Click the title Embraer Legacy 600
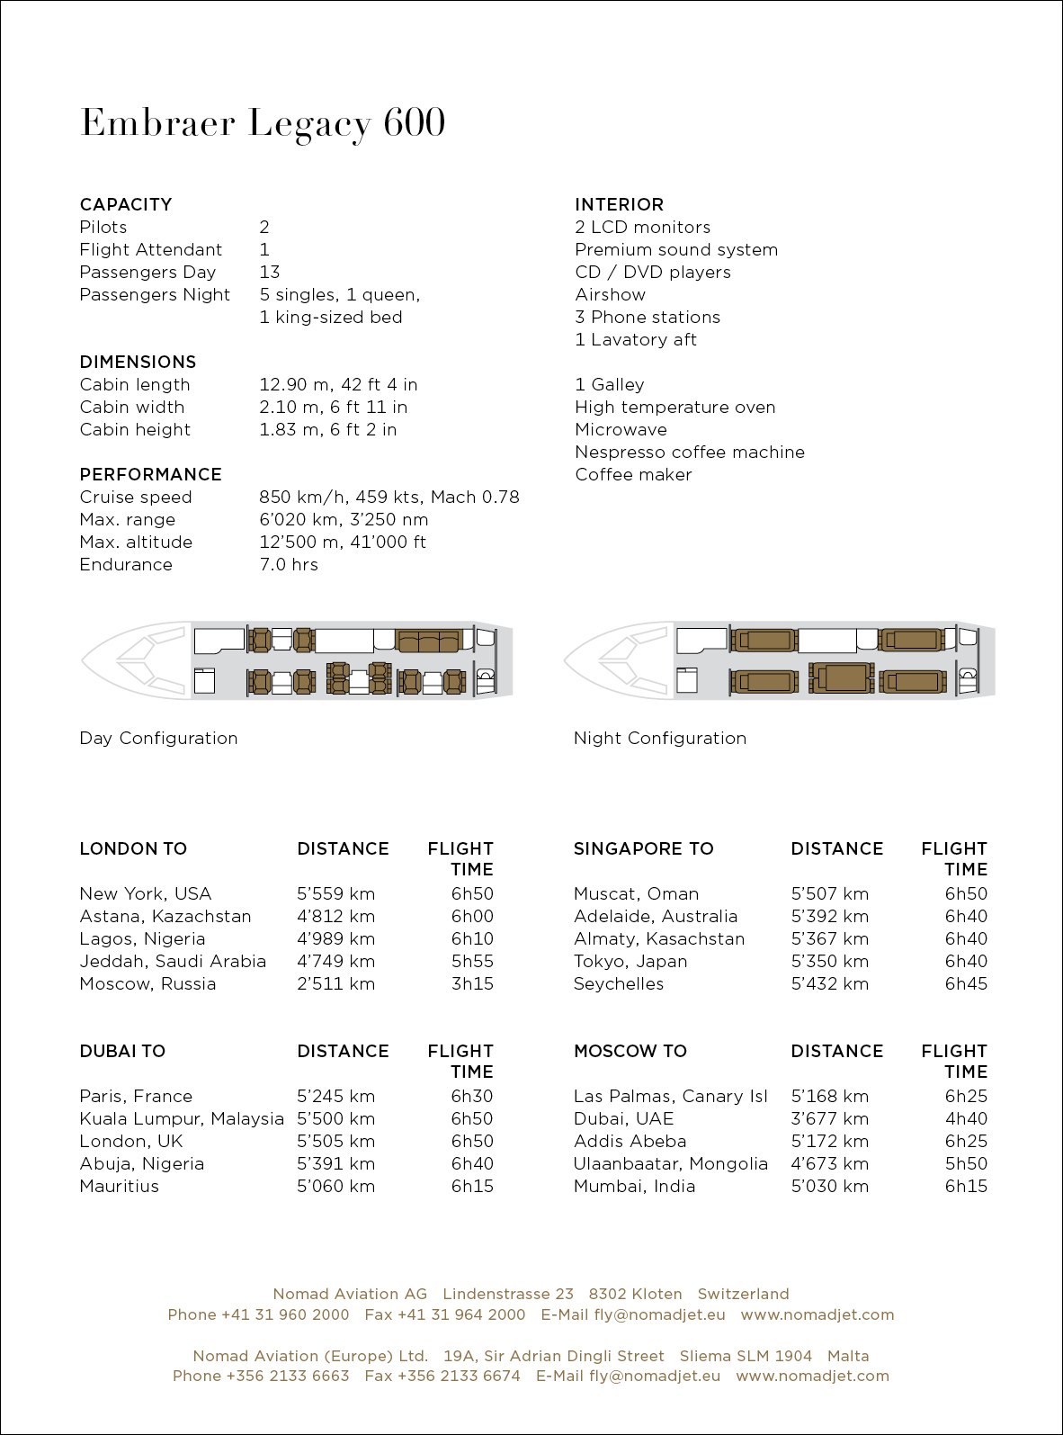(263, 123)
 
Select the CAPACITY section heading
(126, 204)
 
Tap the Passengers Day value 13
(270, 272)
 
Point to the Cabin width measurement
(333, 407)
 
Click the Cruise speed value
(389, 497)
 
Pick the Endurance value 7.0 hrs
(289, 564)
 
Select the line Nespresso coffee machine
(690, 452)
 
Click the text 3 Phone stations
(648, 317)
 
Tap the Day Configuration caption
(158, 738)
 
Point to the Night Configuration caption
(660, 738)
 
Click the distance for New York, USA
(335, 893)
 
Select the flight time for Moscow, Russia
(472, 983)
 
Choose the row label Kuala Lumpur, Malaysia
(182, 1118)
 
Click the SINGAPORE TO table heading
(643, 848)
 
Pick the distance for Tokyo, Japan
(829, 961)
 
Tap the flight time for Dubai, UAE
(966, 1118)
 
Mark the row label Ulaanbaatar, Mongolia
(671, 1163)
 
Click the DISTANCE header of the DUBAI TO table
(343, 1051)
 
